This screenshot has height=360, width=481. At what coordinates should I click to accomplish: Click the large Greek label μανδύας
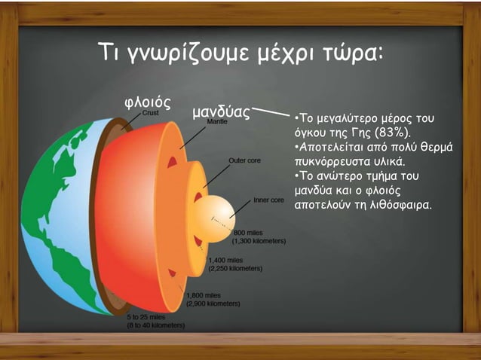[x=220, y=112]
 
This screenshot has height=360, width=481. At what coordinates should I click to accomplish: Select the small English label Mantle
[x=216, y=121]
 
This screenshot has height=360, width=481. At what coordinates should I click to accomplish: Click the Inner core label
[x=268, y=200]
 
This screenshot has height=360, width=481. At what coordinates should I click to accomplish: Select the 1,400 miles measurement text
[x=223, y=258]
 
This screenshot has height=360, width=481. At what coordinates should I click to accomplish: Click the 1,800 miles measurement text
[x=203, y=295]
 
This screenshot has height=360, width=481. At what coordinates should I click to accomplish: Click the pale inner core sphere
[x=213, y=218]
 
